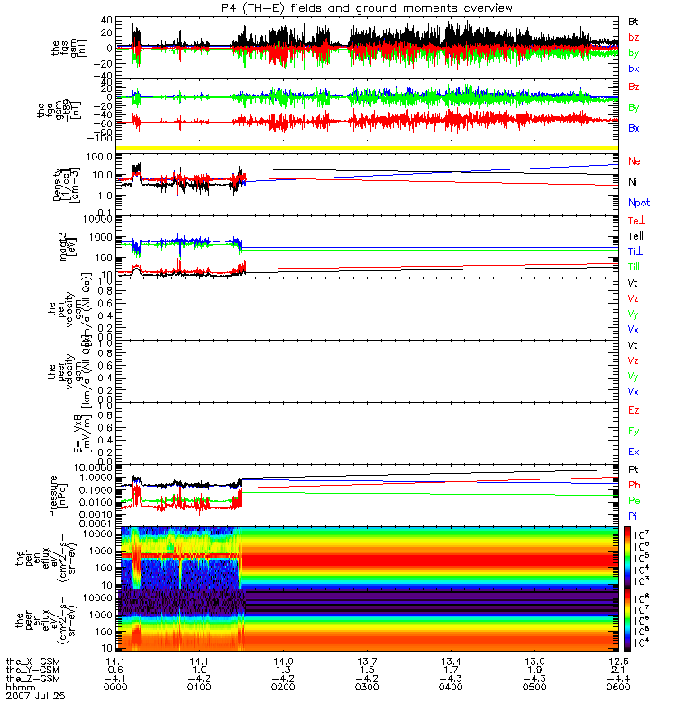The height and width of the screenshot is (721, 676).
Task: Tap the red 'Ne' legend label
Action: coord(635,160)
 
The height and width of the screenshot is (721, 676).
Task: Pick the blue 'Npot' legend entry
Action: coord(638,203)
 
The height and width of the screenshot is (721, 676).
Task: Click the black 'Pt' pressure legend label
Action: coord(634,470)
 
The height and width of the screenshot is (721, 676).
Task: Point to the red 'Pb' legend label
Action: coord(634,485)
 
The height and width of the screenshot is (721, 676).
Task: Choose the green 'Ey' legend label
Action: coord(635,431)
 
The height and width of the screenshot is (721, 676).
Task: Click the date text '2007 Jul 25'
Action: coord(35,697)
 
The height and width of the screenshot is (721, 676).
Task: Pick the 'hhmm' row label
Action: coord(20,688)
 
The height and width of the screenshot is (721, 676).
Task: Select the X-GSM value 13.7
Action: coord(367,661)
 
